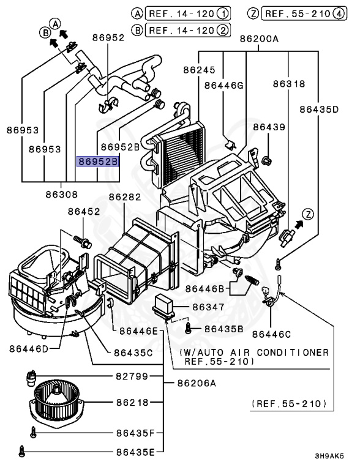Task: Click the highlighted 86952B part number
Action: coord(97,162)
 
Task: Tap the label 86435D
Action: coord(319,110)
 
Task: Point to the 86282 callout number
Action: coord(125,197)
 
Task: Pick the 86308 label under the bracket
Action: coord(60,195)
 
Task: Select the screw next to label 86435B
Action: coord(190,329)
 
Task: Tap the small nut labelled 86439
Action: coord(266,161)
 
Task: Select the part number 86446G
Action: coord(224,85)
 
